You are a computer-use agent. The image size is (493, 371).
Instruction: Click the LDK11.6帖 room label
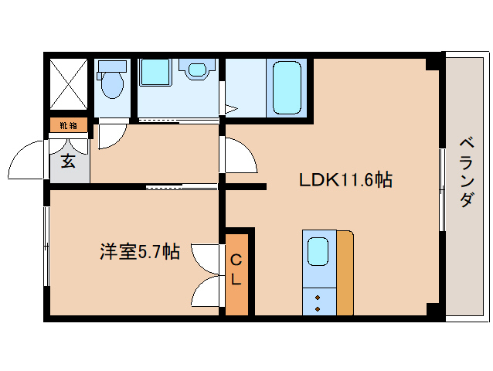(345, 180)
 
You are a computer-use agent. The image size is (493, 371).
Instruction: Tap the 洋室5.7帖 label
(139, 251)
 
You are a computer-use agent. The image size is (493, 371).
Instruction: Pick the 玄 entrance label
(68, 162)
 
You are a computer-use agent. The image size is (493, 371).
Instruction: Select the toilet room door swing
(110, 134)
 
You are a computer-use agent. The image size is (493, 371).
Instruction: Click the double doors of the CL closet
(206, 274)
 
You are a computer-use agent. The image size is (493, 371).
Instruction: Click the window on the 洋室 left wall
(47, 248)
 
